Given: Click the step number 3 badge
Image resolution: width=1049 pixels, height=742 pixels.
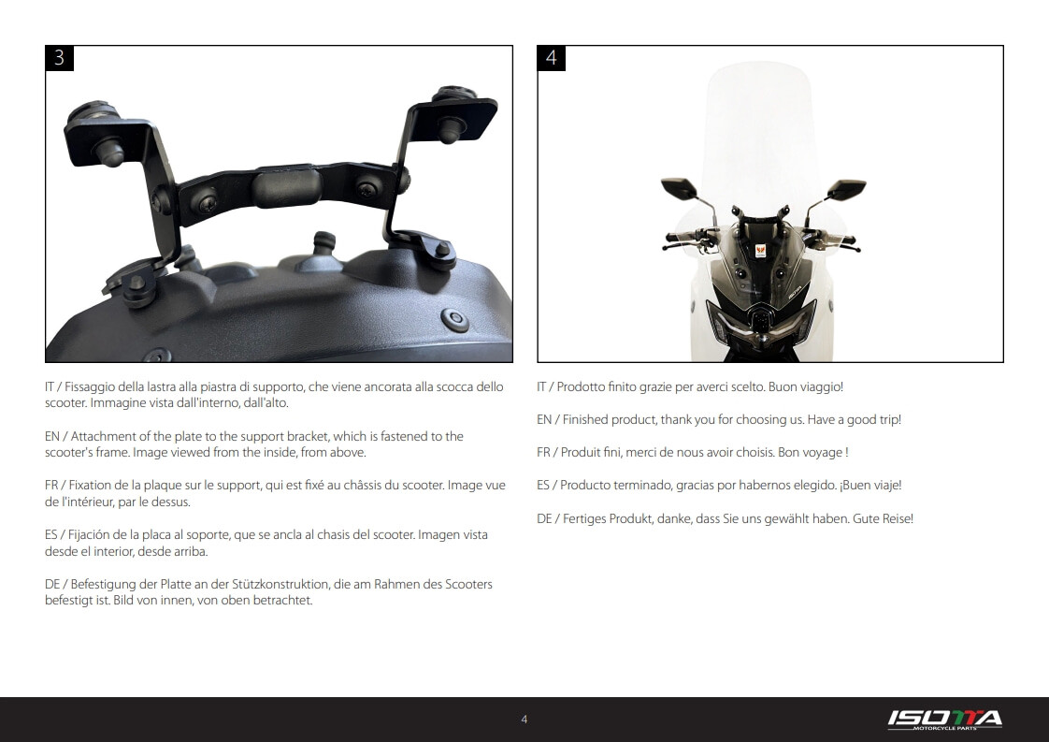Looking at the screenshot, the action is click(x=60, y=58).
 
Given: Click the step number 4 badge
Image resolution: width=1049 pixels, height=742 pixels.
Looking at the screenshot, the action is click(x=552, y=58).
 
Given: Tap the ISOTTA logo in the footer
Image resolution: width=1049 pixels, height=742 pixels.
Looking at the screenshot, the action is click(x=944, y=720).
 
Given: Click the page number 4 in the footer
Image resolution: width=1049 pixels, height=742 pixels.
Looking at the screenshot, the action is click(x=524, y=720).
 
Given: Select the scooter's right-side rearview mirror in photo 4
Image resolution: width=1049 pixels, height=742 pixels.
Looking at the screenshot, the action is click(x=846, y=190).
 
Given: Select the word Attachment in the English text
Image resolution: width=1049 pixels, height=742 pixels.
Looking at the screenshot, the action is click(x=103, y=437).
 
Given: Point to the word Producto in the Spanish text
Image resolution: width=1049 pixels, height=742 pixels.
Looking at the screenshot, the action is click(x=584, y=486).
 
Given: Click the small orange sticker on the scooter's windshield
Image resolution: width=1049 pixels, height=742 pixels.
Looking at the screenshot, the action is click(x=760, y=251).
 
